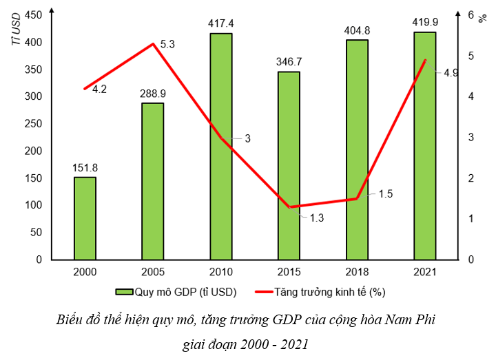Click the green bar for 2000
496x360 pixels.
(x=85, y=218)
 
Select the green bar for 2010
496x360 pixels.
(x=220, y=147)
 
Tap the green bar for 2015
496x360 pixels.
(x=289, y=165)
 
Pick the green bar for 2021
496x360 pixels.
(x=424, y=146)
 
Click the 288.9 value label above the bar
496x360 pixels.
(x=152, y=92)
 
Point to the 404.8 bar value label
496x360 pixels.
(x=356, y=30)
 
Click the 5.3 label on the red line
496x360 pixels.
(x=167, y=44)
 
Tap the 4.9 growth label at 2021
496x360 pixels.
(x=451, y=72)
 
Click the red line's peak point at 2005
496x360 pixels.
(x=152, y=44)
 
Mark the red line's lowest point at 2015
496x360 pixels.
(x=289, y=207)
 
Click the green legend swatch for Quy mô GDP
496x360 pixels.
(x=124, y=292)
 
